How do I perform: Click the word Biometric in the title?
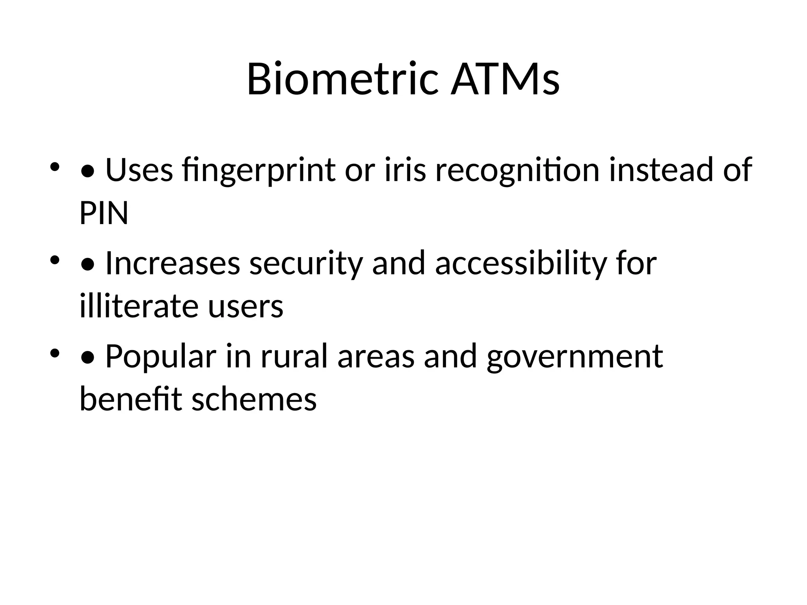(342, 79)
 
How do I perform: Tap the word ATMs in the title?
(505, 79)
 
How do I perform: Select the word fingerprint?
(259, 170)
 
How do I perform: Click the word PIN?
(104, 213)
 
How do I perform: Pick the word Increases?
(173, 263)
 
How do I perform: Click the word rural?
(294, 356)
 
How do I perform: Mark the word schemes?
(254, 399)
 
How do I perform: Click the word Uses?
(139, 170)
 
